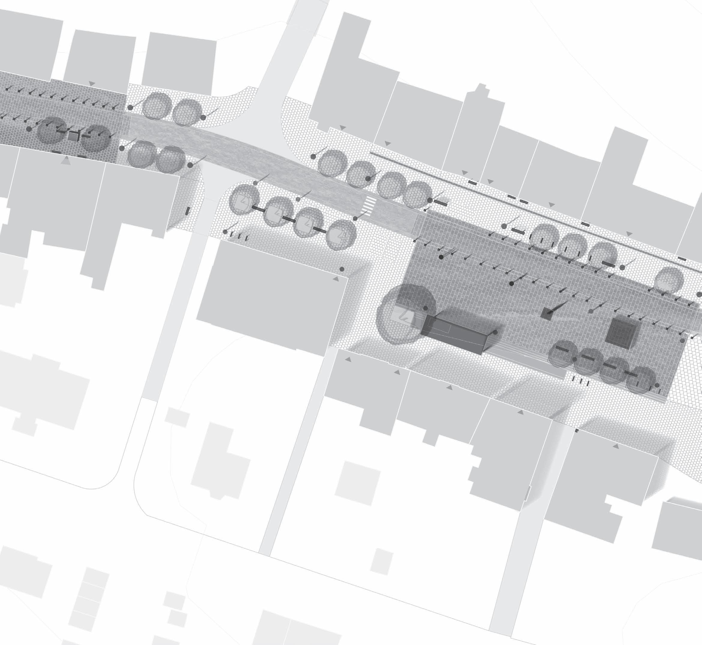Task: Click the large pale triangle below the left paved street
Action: (x=66, y=161)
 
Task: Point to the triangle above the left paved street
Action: (x=92, y=83)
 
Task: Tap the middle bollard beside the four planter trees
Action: (x=239, y=236)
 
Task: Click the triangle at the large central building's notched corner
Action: (x=336, y=279)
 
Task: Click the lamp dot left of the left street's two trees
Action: (x=29, y=129)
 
